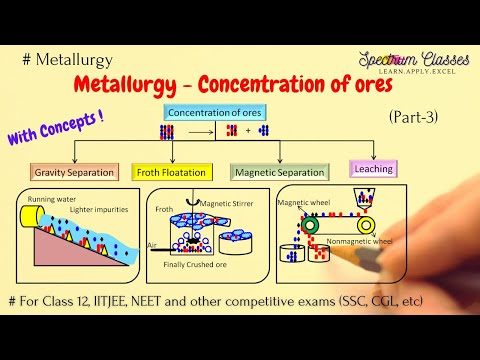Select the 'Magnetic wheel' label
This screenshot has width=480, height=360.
point(305,201)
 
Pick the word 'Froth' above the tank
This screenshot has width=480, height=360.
point(165,209)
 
